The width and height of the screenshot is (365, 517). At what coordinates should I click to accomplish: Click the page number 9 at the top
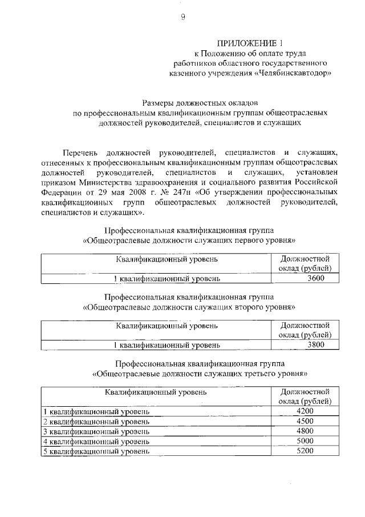pos(183,18)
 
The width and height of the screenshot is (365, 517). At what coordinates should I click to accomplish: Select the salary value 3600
pos(315,279)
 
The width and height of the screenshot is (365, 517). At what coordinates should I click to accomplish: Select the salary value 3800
pos(315,345)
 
